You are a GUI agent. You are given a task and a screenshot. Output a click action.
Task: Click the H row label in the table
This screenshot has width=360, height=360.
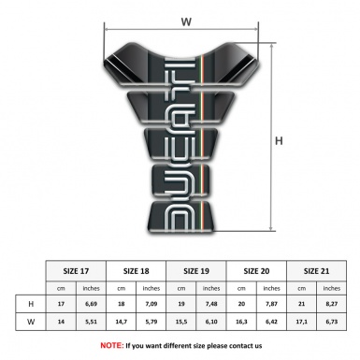click(33, 303)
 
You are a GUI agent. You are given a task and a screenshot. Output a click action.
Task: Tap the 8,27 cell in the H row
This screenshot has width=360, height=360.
click(332, 303)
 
